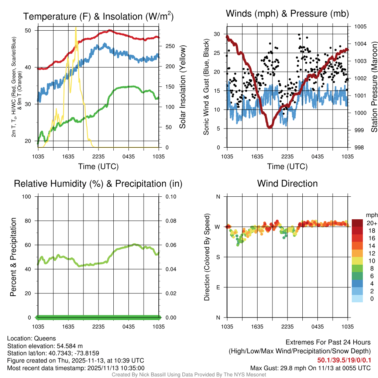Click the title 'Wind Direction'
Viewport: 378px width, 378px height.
pyautogui.click(x=287, y=183)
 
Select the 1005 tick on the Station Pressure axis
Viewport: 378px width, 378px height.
pyautogui.click(x=360, y=27)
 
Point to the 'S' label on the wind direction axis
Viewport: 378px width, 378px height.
pyautogui.click(x=218, y=257)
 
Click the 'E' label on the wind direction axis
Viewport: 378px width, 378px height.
pyautogui.click(x=218, y=287)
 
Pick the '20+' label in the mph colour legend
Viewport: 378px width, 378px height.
pyautogui.click(x=371, y=223)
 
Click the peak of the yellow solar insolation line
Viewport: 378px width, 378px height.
pyautogui.click(x=76, y=28)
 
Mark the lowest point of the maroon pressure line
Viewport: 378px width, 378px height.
pyautogui.click(x=269, y=127)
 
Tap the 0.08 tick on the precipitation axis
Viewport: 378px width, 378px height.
pyautogui.click(x=170, y=221)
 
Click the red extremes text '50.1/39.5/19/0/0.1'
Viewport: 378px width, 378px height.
pyautogui.click(x=344, y=360)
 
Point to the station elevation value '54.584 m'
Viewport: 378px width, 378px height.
pyautogui.click(x=72, y=346)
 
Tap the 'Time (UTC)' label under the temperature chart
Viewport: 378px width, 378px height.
pyautogui.click(x=98, y=166)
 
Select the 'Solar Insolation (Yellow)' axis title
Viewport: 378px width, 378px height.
pyautogui.click(x=182, y=87)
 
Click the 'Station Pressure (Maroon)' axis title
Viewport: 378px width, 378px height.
pyautogui.click(x=374, y=87)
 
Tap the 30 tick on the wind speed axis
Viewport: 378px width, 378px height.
pyautogui.click(x=217, y=34)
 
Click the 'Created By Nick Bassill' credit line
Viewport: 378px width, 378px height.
pyautogui.click(x=189, y=375)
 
